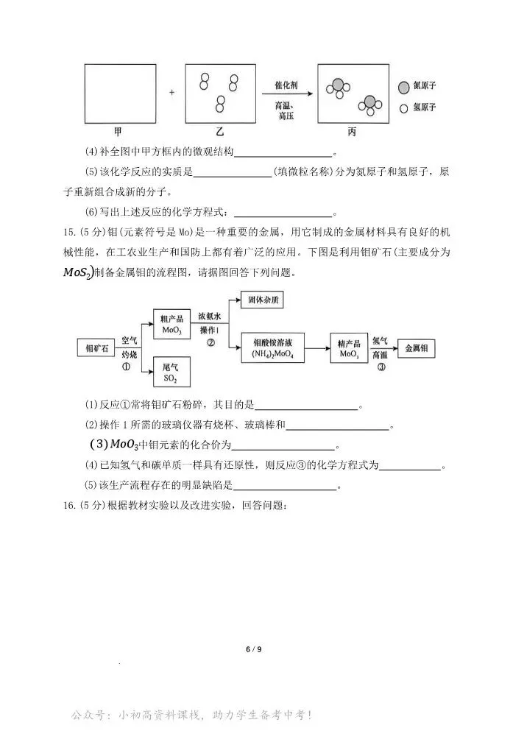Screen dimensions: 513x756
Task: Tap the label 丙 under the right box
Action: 352,132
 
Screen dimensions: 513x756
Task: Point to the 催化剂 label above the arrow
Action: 287,83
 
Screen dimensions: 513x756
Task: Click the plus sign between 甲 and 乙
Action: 172,93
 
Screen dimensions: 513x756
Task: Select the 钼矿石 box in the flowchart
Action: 98,346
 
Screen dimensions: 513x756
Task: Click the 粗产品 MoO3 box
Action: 172,324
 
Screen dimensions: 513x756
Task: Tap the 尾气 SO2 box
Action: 171,371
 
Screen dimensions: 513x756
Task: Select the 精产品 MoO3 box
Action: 350,347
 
